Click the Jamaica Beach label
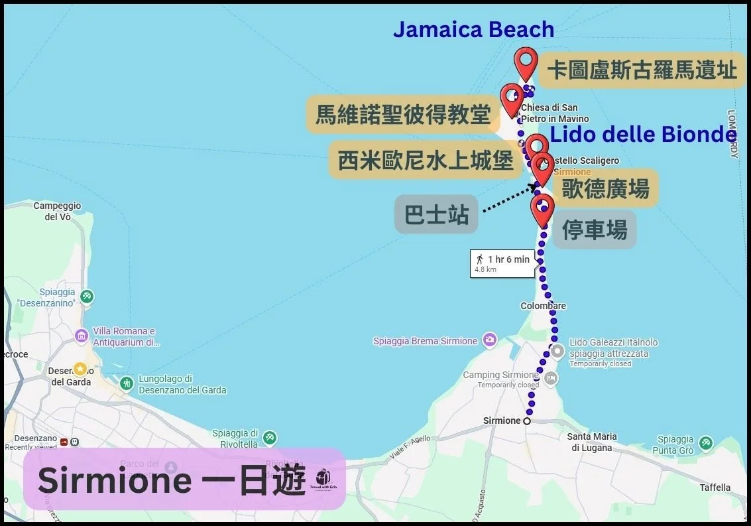[x=473, y=30]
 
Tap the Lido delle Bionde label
[x=643, y=135]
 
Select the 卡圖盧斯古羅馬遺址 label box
[x=642, y=70]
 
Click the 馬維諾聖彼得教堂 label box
[x=402, y=115]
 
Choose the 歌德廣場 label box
[x=605, y=188]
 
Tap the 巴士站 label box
[x=436, y=214]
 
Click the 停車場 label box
[x=594, y=230]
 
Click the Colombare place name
[x=543, y=306]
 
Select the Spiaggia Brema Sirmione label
[x=425, y=341]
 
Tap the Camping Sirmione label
[x=500, y=375]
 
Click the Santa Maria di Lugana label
[x=592, y=442]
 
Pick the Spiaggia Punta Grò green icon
[x=706, y=442]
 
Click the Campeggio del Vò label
[x=57, y=211]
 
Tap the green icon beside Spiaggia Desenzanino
[x=86, y=296]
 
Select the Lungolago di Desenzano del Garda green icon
[x=127, y=383]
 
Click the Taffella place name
[x=715, y=488]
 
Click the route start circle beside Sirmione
[x=527, y=421]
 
